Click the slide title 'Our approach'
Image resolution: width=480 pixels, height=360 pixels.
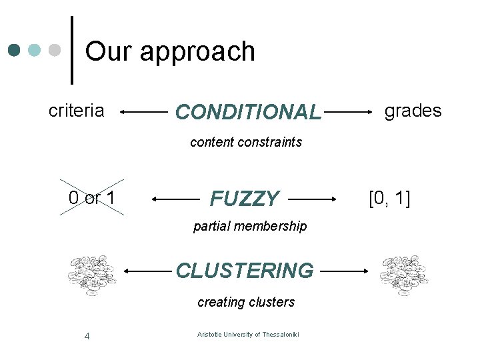[170, 51]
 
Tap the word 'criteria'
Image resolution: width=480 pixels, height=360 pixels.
[77, 111]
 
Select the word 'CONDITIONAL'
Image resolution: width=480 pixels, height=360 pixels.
[248, 112]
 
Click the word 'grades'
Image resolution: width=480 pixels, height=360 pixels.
[413, 111]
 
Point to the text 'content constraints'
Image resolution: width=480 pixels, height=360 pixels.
[246, 142]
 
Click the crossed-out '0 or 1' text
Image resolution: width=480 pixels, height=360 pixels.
[92, 198]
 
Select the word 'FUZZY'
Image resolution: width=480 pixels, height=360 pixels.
[245, 199]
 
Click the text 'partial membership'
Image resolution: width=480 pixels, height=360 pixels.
[250, 226]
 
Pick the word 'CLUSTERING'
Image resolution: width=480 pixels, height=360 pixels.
[245, 271]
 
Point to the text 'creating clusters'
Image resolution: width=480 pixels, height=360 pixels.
[246, 302]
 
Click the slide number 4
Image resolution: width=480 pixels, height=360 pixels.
[87, 335]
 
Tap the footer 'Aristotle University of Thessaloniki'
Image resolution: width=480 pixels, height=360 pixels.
[248, 334]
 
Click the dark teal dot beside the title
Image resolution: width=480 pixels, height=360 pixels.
[15, 51]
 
